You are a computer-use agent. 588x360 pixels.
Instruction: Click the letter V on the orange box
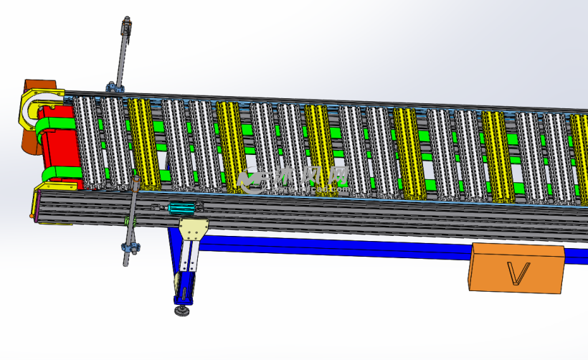[x=518, y=272]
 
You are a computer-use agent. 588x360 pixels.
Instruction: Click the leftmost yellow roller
[x=143, y=143]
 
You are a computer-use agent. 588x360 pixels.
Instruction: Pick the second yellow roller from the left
[x=231, y=147]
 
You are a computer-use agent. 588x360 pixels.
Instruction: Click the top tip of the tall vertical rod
[x=127, y=22]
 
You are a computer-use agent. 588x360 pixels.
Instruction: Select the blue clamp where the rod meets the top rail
[x=115, y=87]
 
